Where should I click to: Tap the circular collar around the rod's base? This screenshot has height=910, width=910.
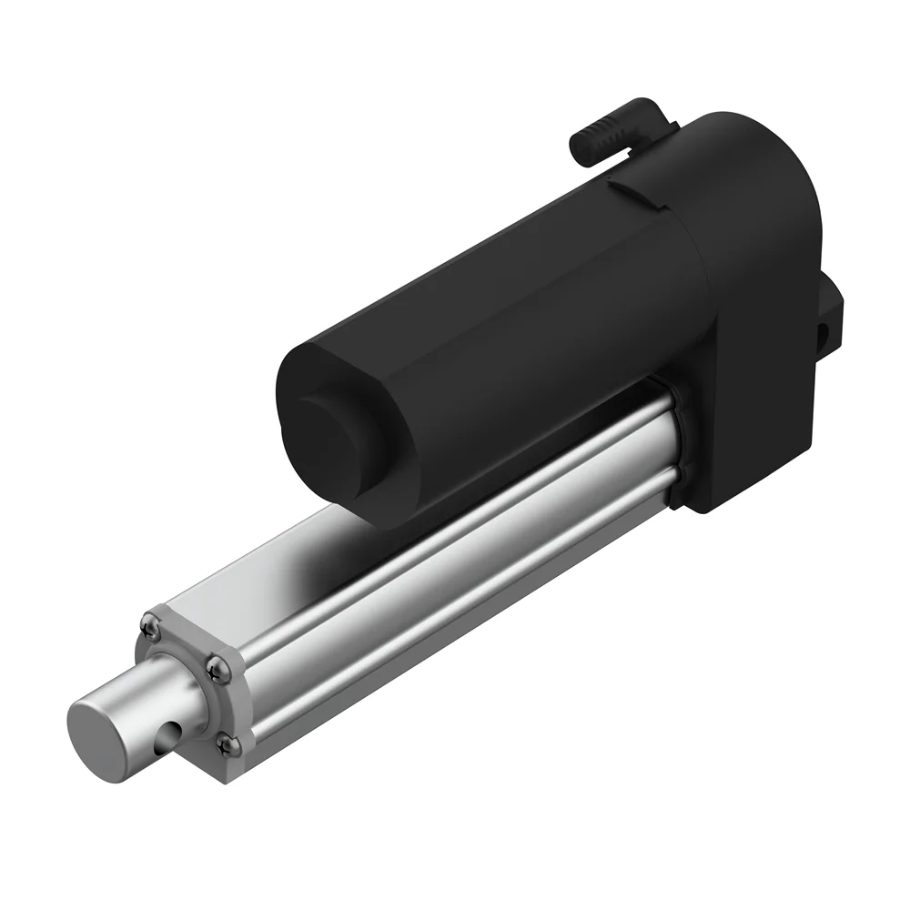182,678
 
